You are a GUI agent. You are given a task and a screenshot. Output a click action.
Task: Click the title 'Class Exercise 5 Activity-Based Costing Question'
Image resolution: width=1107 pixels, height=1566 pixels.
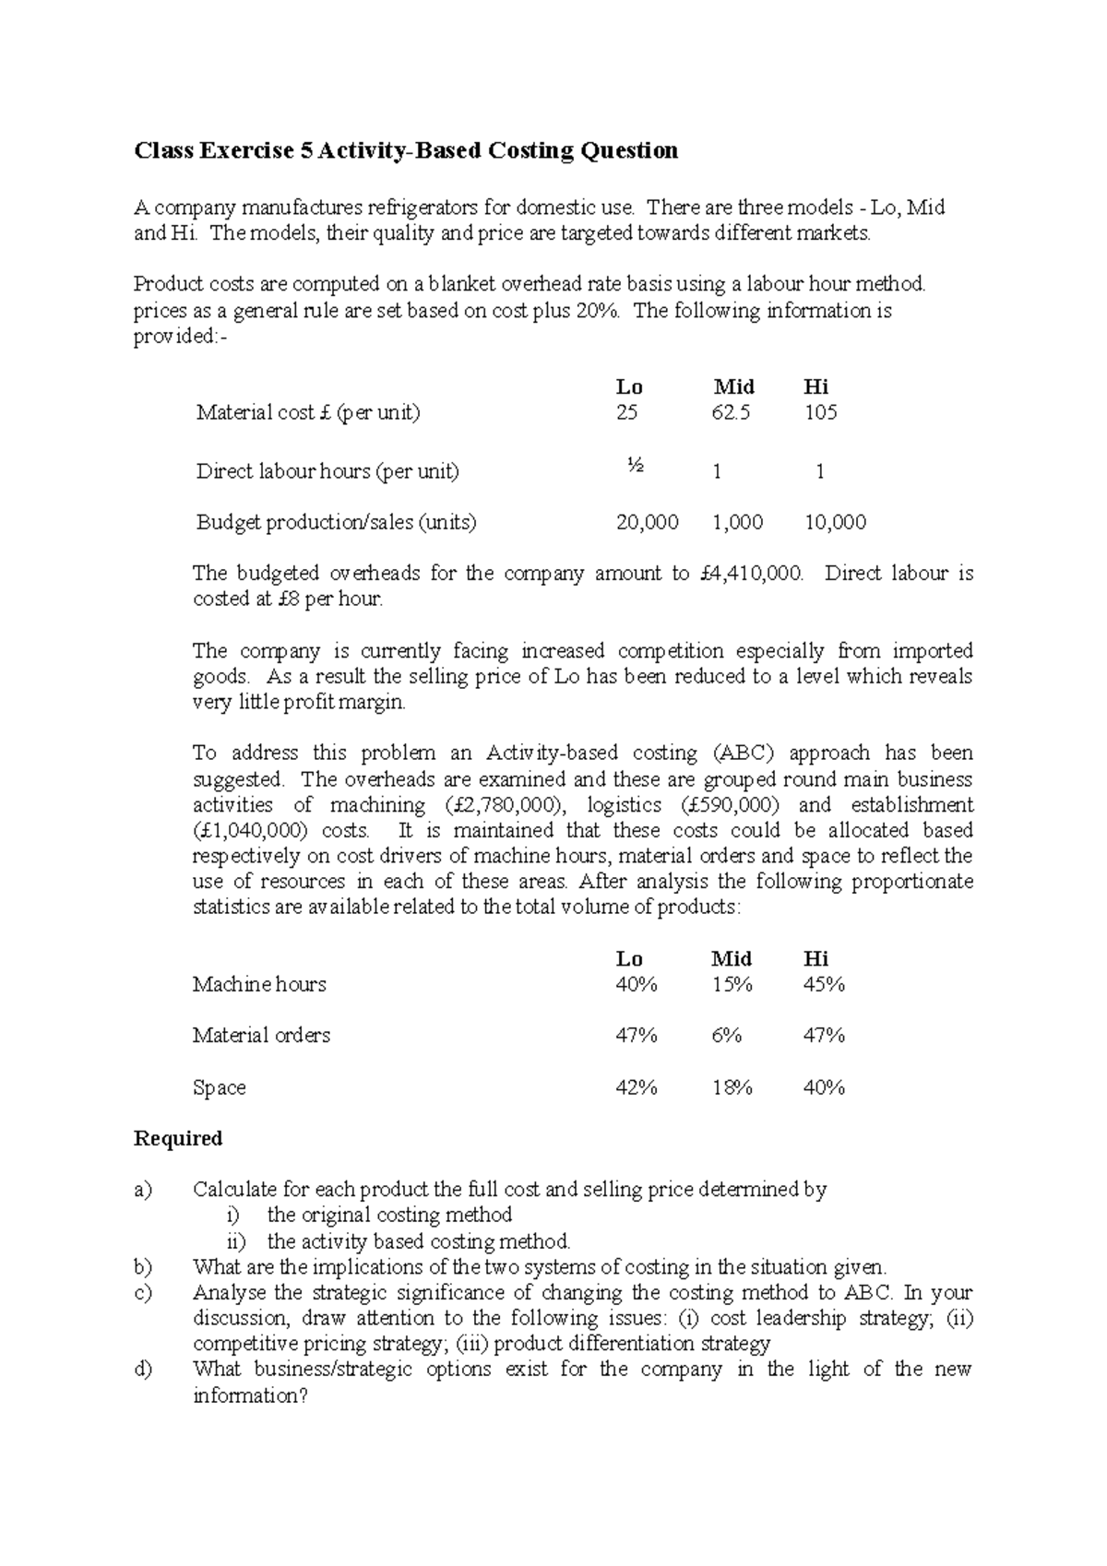click(406, 150)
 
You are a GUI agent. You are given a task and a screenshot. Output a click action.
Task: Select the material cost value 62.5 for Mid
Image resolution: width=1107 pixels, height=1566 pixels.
click(731, 412)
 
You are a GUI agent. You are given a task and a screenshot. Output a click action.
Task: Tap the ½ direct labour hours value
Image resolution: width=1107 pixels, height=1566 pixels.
click(635, 466)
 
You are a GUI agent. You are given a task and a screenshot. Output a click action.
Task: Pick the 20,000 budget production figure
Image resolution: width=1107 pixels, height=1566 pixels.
click(647, 523)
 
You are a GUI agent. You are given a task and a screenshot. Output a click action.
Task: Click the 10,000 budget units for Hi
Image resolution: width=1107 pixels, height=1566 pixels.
click(835, 523)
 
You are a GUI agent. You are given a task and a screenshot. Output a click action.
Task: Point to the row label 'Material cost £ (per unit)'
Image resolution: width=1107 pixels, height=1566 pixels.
click(308, 412)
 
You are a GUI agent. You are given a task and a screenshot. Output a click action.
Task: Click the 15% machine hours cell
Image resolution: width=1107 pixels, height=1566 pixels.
click(732, 985)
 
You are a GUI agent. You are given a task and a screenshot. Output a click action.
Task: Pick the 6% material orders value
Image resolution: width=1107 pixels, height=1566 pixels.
click(727, 1036)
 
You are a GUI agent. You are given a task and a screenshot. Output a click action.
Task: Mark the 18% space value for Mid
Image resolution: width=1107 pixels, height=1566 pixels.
click(732, 1088)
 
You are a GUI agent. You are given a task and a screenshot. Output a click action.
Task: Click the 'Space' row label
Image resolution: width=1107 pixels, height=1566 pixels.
click(219, 1088)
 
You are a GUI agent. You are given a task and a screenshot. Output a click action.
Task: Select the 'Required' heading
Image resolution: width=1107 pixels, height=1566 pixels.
click(178, 1139)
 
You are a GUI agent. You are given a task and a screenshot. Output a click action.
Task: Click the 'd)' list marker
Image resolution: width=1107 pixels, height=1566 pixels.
click(143, 1370)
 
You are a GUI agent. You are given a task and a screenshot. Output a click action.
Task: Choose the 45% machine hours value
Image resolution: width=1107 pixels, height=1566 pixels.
click(824, 985)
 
